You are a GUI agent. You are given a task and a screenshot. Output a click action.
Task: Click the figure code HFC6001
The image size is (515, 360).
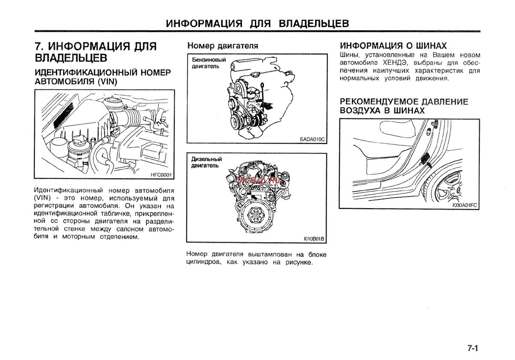pyautogui.click(x=161, y=174)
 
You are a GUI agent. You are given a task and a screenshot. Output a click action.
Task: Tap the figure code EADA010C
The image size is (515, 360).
pyautogui.click(x=313, y=139)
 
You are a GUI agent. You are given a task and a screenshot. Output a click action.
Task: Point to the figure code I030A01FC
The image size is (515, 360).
pyautogui.click(x=464, y=205)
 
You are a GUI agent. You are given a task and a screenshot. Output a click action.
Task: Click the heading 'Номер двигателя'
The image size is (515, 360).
pyautogui.click(x=222, y=45)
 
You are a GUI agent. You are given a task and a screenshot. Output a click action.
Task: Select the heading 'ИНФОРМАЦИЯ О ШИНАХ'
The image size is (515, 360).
pyautogui.click(x=394, y=45)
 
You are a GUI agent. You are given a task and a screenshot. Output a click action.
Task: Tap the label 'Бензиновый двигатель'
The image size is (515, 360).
pyautogui.click(x=209, y=63)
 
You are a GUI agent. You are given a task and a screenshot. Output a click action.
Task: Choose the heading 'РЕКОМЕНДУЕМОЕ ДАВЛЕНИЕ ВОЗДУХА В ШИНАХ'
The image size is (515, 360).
pyautogui.click(x=403, y=106)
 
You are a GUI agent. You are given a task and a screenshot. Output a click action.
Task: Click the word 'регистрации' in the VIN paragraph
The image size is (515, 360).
pyautogui.click(x=55, y=205)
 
